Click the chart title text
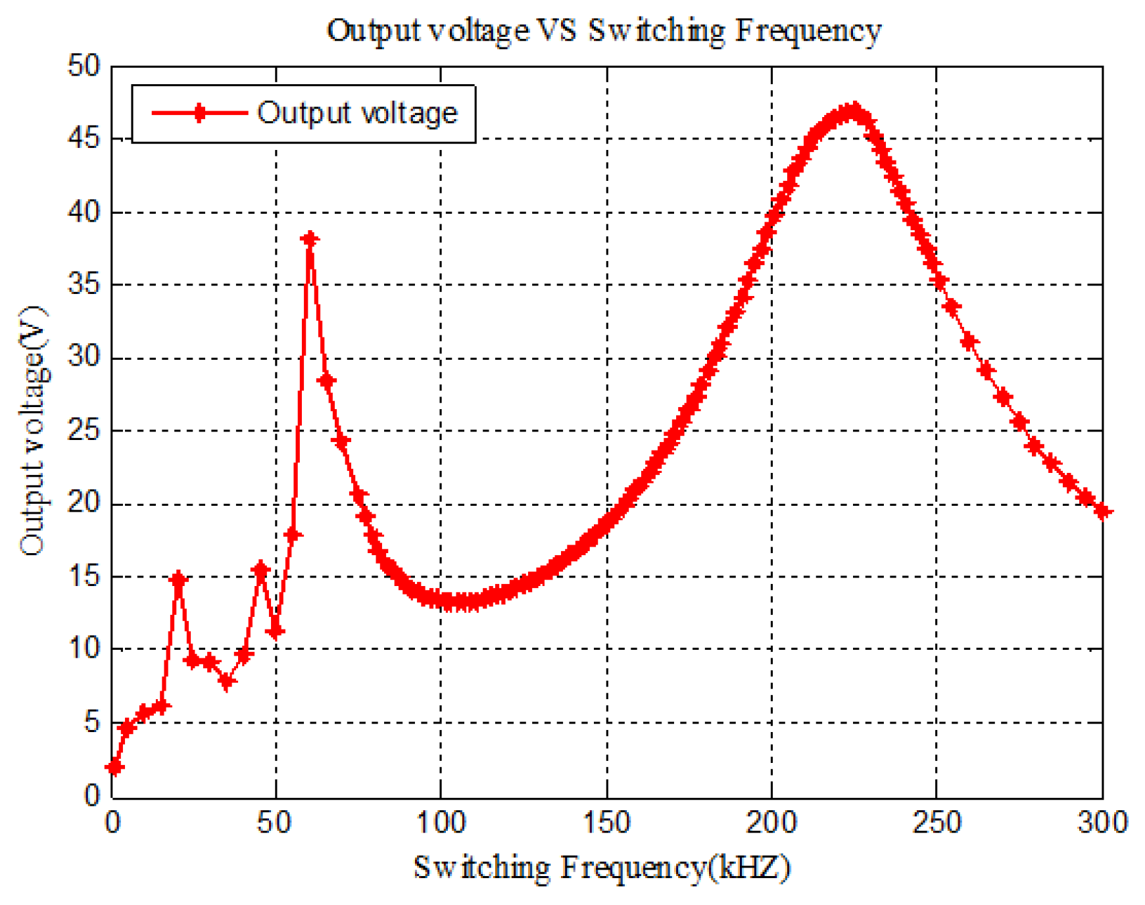tap(604, 30)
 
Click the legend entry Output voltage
tap(356, 113)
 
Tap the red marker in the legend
tap(199, 113)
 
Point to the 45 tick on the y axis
tap(84, 139)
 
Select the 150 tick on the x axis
tap(606, 822)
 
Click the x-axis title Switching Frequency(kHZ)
tap(601, 868)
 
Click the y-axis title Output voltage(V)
tap(33, 431)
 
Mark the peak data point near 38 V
tap(310, 239)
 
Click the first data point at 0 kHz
tap(114, 767)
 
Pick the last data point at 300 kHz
tap(1103, 512)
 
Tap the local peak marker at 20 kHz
tap(178, 580)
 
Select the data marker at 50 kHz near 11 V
tap(276, 631)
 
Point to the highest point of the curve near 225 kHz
tap(854, 110)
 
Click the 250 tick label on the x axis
tap(936, 822)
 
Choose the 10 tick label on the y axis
tap(84, 649)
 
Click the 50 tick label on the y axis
tap(84, 66)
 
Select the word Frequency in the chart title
tap(808, 30)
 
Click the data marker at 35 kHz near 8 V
tap(227, 682)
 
